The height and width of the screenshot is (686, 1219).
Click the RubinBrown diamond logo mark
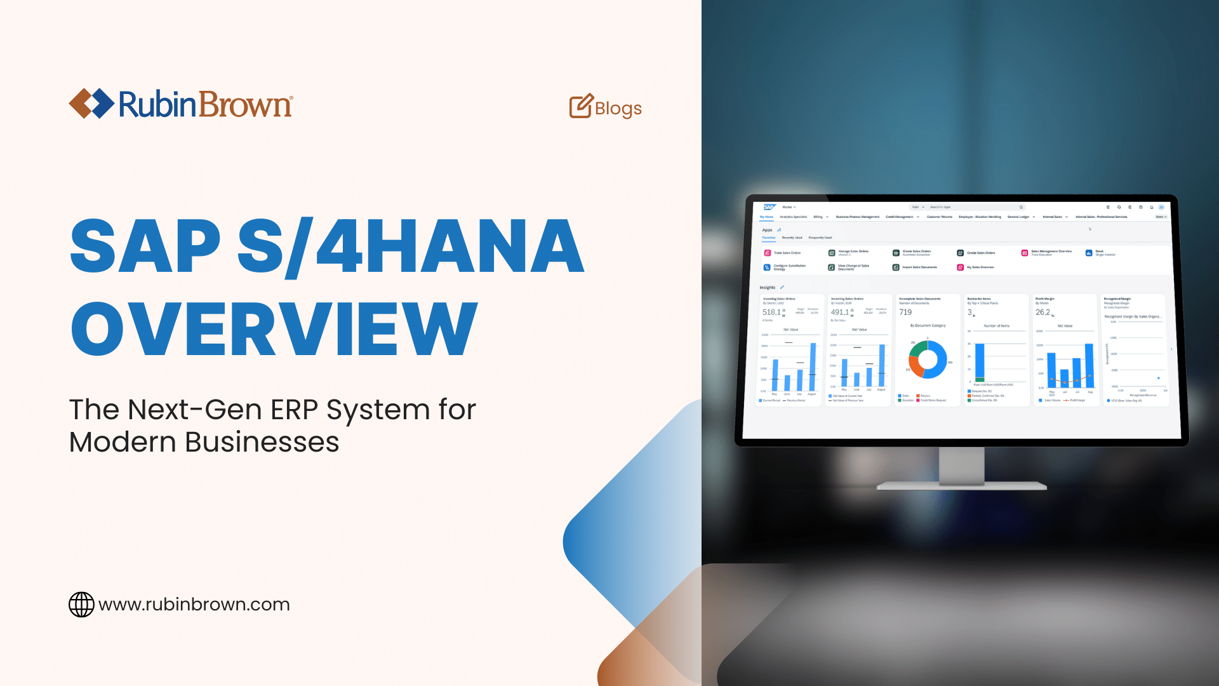coord(91,104)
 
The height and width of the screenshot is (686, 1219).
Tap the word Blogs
coord(618,109)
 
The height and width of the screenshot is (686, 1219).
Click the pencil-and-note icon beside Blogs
coord(580,107)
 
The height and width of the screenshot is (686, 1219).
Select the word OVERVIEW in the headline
coord(274,329)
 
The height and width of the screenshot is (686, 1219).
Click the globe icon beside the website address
coord(81,605)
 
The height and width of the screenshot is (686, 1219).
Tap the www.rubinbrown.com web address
coord(194,605)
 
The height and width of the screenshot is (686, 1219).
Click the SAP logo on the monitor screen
coord(769,207)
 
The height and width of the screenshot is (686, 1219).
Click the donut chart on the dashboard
coord(928,359)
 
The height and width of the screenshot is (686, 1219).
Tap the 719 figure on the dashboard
coord(905,312)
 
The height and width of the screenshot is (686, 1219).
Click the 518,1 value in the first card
coord(771,312)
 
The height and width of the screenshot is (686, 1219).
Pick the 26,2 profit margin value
coord(1042,312)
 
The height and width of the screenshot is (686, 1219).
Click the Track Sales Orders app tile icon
coord(767,253)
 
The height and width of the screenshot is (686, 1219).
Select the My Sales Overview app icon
coord(961,267)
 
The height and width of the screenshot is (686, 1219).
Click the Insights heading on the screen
coord(768,288)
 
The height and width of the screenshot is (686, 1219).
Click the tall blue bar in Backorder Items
coord(980,361)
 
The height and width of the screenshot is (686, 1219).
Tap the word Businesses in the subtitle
coord(262,442)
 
